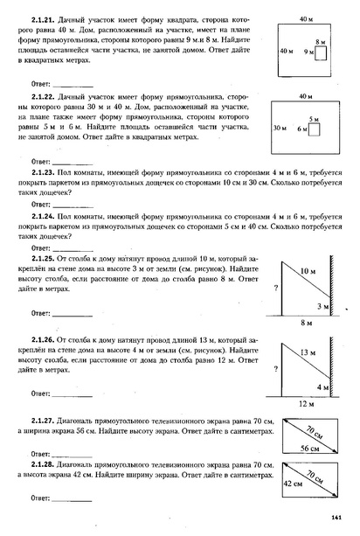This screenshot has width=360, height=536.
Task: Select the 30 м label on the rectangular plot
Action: (x=280, y=128)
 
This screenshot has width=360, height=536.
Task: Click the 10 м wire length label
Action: (x=306, y=272)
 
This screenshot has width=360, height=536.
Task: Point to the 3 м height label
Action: (x=322, y=307)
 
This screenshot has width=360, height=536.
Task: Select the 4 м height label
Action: (x=322, y=386)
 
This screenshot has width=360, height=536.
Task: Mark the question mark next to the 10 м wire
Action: (x=276, y=288)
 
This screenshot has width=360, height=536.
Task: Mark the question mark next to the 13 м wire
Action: (x=276, y=368)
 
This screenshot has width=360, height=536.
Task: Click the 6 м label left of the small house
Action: (x=302, y=129)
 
